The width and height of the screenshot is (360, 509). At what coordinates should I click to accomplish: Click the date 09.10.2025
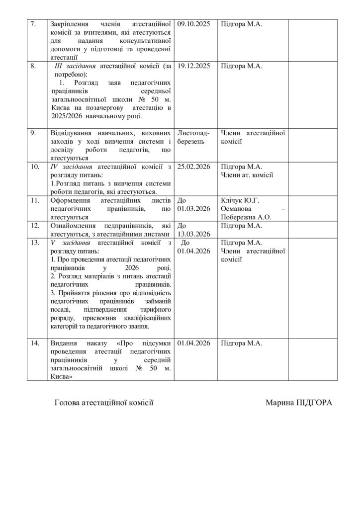193,24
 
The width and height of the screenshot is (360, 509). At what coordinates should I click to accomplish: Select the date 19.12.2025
193,66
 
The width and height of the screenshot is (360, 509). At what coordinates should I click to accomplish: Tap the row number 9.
33,133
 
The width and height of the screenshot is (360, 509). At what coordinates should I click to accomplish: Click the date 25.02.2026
193,167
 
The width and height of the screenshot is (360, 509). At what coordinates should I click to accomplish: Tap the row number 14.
35,343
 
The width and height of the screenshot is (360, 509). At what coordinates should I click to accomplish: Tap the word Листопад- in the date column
193,133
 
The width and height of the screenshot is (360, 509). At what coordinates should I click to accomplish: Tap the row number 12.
35,226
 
